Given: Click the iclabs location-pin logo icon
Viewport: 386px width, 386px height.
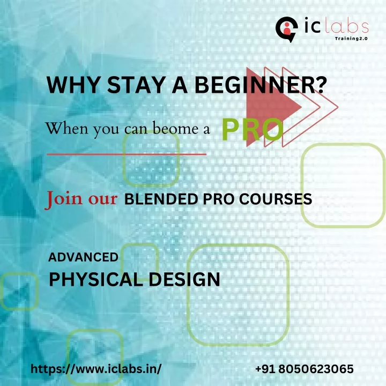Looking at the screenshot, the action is pos(286,29).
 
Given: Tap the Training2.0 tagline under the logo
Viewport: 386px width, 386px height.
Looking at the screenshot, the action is pos(351,39).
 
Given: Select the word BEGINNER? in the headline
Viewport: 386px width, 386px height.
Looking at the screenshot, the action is pos(261,85).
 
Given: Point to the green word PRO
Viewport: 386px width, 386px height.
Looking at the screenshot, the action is pos(253,130).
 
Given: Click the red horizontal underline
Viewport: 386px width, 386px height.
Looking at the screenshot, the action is pos(127,154).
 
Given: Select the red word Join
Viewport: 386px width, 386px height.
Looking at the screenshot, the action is pos(63,198).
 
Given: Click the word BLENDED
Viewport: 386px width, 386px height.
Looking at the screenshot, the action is pos(161,199).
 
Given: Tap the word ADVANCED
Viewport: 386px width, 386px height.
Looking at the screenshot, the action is pos(83,257).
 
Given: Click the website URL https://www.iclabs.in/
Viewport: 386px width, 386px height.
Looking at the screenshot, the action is pos(96,369).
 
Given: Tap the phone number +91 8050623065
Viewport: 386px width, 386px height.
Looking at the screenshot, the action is pos(305,369).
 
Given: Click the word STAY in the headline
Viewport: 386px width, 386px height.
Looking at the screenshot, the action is pos(136,85).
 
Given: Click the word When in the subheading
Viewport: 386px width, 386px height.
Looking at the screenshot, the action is pos(66,129).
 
